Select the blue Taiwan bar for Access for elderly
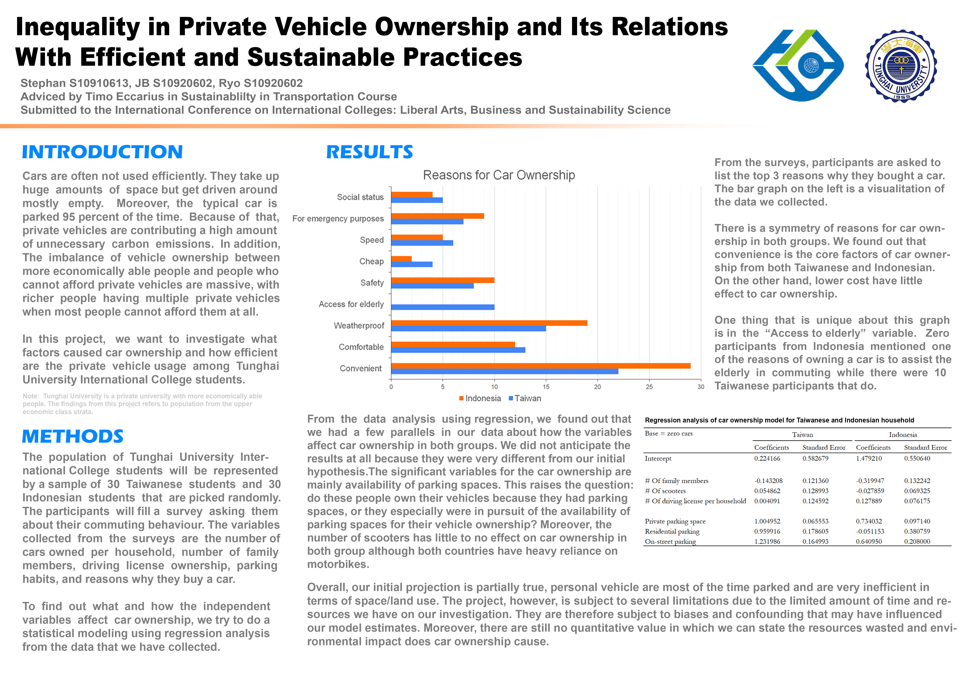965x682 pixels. point(443,307)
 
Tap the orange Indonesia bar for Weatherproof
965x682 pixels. point(489,323)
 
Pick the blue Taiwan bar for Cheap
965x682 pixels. point(411,264)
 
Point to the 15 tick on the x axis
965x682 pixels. point(546,387)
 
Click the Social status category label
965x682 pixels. point(360,197)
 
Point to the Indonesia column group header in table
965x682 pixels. point(903,435)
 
